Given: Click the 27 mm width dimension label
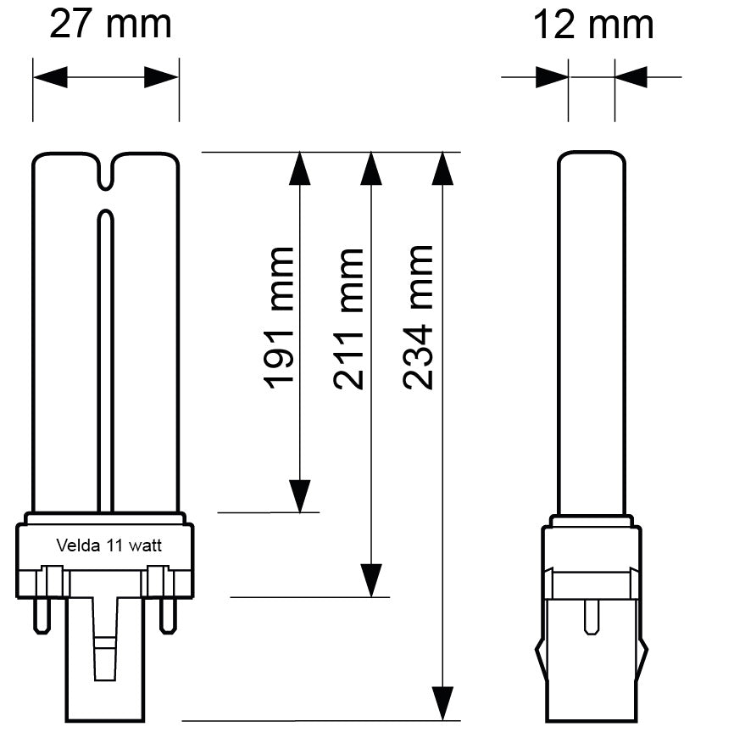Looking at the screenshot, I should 110,24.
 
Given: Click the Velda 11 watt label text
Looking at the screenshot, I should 108,545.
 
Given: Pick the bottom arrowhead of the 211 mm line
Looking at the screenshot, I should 370,580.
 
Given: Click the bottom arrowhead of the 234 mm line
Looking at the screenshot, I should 441,703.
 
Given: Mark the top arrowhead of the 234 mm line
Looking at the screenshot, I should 441,169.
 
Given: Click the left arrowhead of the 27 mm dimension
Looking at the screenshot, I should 50,78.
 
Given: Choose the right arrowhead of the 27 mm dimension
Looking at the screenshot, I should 162,78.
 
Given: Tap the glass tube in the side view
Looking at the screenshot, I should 592,331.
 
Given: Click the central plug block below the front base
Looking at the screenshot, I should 105,670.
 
